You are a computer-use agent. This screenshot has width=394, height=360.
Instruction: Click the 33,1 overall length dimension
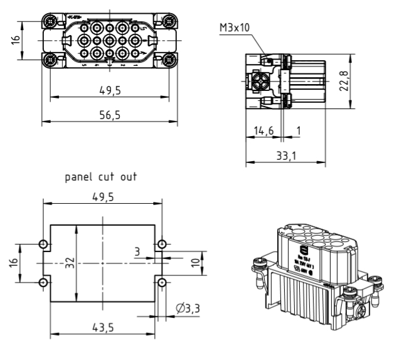pyautogui.click(x=284, y=155)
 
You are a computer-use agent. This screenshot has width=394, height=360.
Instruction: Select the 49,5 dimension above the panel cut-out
pyautogui.click(x=102, y=196)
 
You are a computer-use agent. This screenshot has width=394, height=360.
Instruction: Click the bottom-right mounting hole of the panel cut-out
pyautogui.click(x=162, y=282)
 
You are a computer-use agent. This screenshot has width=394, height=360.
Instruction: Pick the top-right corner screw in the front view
pyautogui.click(x=168, y=22)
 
